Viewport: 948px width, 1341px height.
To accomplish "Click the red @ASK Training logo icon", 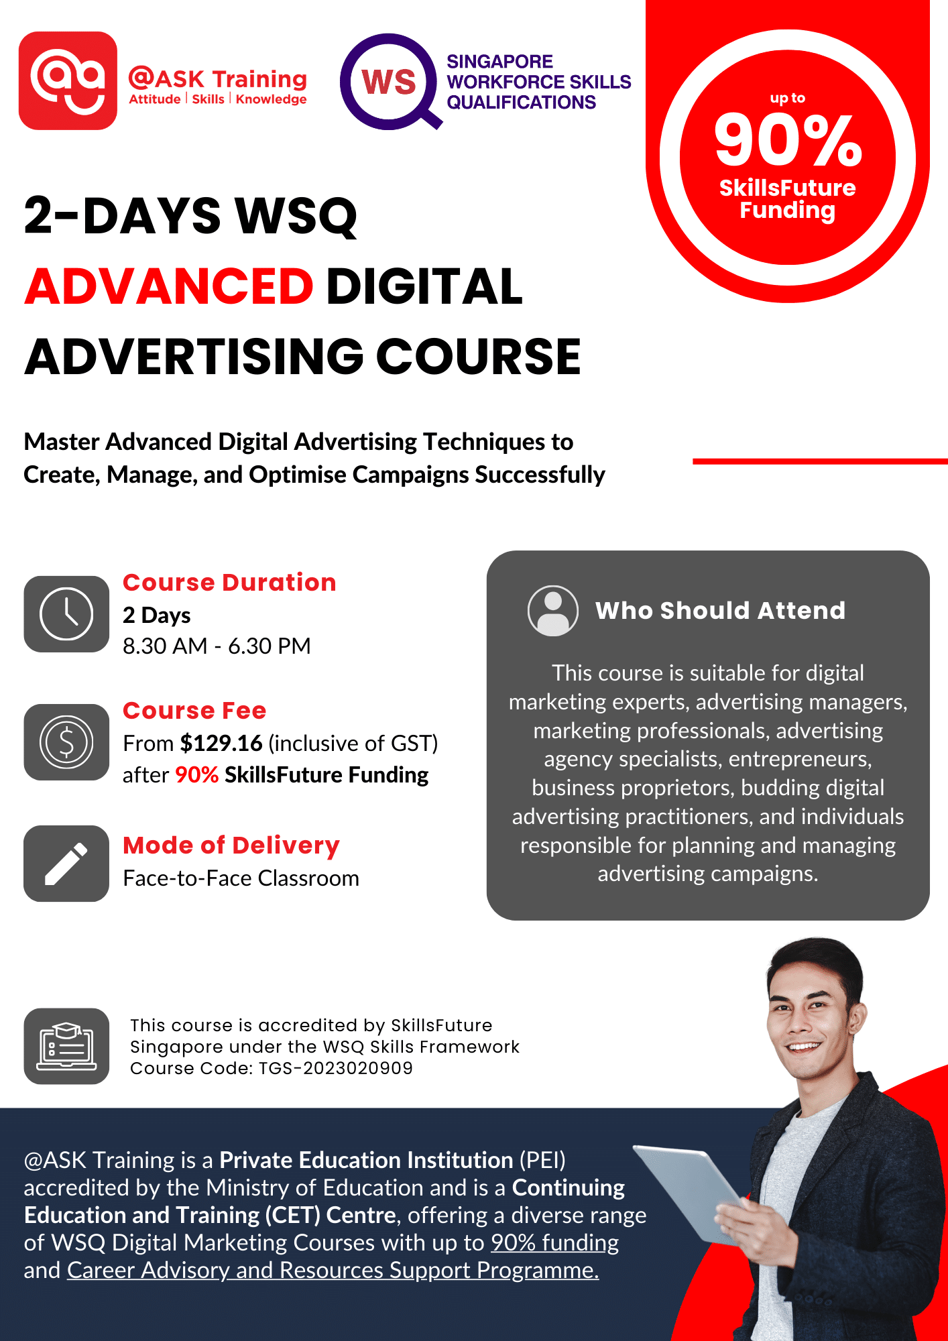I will pos(68,80).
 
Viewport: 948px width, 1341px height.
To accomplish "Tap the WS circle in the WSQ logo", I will pos(388,82).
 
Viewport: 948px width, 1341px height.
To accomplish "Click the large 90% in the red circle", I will pos(788,140).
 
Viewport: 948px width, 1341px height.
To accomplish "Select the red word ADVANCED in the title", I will pos(169,286).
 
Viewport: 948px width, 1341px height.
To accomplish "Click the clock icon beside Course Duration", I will pos(66,614).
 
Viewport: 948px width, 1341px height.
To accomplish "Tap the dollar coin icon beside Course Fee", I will pos(66,742).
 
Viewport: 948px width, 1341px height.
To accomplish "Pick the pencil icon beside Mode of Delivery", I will pos(66,864).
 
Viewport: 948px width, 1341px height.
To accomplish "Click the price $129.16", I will pos(221,743).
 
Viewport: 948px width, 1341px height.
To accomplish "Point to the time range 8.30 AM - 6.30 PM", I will pos(217,646).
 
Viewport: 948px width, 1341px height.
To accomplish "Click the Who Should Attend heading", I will pos(720,611).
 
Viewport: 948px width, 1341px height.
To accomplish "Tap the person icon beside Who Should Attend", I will pos(552,611).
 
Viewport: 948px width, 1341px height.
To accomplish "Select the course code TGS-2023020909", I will pos(336,1068).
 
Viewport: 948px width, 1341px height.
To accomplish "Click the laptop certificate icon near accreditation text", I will pos(66,1046).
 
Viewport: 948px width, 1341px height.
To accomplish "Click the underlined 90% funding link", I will pos(554,1242).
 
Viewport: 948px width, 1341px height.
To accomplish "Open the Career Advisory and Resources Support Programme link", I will pos(333,1270).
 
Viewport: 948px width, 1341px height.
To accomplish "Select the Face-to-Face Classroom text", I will pos(241,878).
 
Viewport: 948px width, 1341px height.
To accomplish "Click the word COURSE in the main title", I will pos(478,356).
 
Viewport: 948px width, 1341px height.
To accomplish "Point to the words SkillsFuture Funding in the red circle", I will pos(787,199).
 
